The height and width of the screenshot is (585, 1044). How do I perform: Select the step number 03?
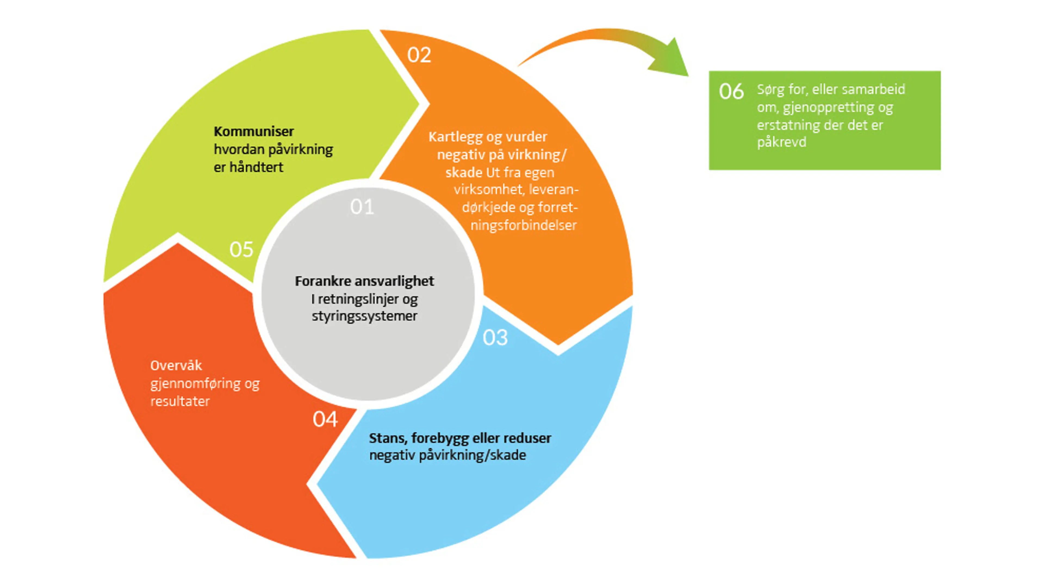pyautogui.click(x=495, y=337)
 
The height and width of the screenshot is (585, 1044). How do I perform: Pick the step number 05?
pyautogui.click(x=241, y=249)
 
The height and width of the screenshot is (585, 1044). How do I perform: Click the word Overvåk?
pyautogui.click(x=176, y=365)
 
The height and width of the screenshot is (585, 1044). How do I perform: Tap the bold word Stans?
pyautogui.click(x=387, y=438)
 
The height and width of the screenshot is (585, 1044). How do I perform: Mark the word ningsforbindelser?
pyautogui.click(x=523, y=225)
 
